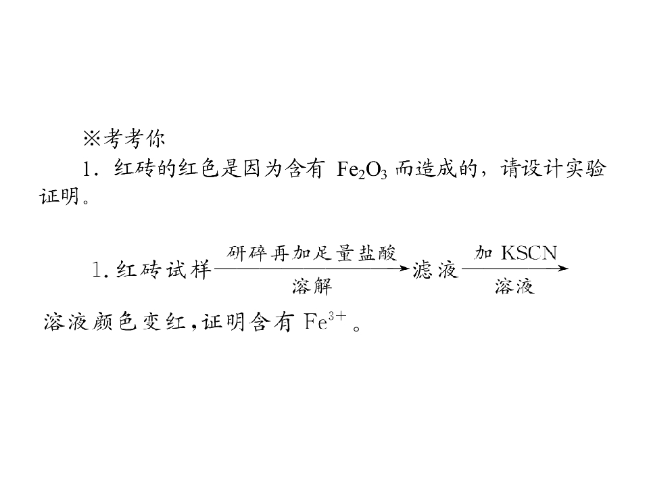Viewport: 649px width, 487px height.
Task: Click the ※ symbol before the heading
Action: click(91, 139)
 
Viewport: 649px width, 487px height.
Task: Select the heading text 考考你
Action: click(135, 139)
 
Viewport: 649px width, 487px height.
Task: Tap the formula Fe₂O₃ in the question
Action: click(362, 170)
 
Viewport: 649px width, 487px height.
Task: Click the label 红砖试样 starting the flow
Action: click(164, 270)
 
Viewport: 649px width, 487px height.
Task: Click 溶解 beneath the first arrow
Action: click(312, 286)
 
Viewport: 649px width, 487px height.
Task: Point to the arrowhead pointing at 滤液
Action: click(404, 269)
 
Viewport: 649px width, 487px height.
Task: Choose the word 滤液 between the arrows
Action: click(435, 270)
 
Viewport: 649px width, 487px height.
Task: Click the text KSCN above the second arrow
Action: click(529, 253)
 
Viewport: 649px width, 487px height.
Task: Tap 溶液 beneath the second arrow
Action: click(514, 286)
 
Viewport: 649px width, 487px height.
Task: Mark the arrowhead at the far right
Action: click(563, 269)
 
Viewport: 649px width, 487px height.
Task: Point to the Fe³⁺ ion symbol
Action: click(325, 321)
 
